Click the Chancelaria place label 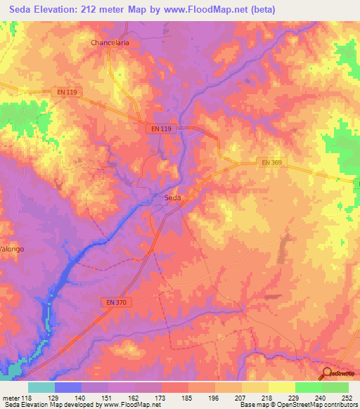coord(110,42)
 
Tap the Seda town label coord(172,198)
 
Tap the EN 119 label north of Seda coord(161,129)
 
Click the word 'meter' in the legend coord(11,398)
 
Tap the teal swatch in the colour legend coord(41,387)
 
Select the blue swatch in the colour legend coord(68,387)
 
